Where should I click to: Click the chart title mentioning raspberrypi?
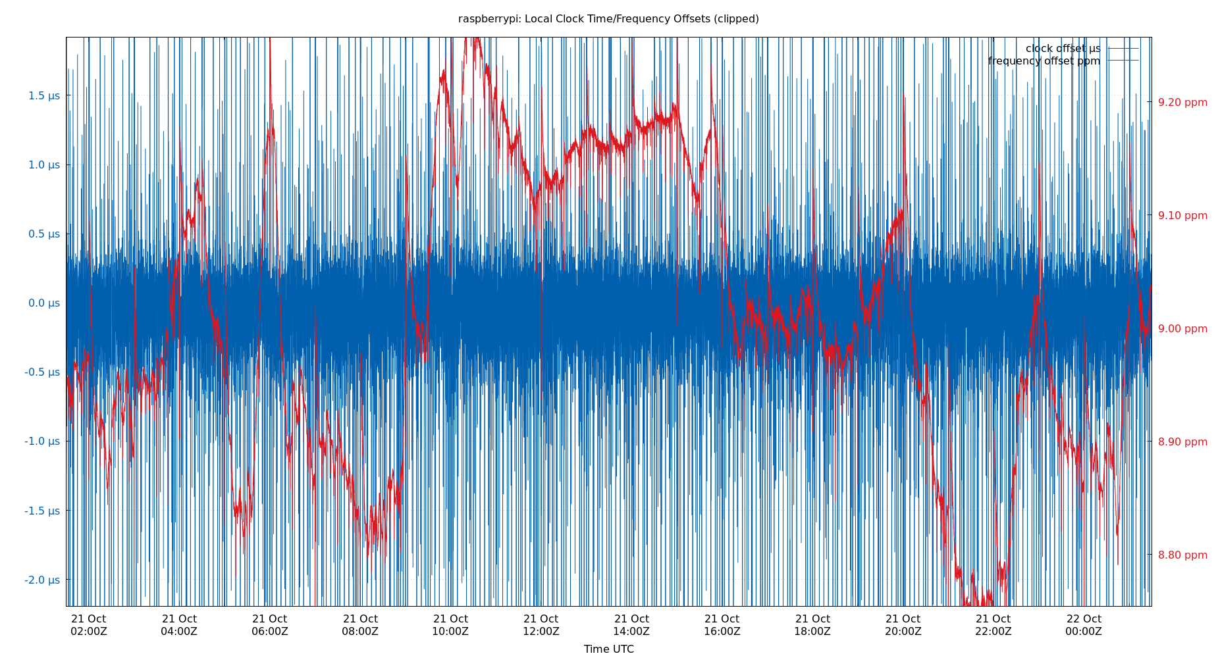click(608, 19)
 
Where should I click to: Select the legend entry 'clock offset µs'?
click(1063, 49)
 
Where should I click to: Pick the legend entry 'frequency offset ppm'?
click(1044, 61)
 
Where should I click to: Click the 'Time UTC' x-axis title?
click(608, 649)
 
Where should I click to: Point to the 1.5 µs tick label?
click(43, 96)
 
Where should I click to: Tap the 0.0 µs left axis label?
click(43, 303)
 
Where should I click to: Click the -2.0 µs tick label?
click(42, 580)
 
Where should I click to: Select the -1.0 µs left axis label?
click(42, 442)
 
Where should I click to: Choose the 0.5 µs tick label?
click(43, 234)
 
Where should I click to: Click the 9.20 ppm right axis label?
click(1182, 103)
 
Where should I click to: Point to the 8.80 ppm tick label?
click(1182, 555)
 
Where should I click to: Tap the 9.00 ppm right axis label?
click(1182, 329)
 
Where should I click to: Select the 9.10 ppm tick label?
click(1182, 216)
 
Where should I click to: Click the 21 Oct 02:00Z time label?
click(89, 625)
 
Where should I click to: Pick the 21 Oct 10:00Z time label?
click(450, 625)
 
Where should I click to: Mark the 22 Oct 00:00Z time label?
click(1083, 625)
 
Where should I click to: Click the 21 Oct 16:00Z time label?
click(722, 625)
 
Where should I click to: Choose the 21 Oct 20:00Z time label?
click(903, 625)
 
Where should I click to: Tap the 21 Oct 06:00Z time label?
click(269, 625)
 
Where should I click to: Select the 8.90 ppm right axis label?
click(1182, 442)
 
